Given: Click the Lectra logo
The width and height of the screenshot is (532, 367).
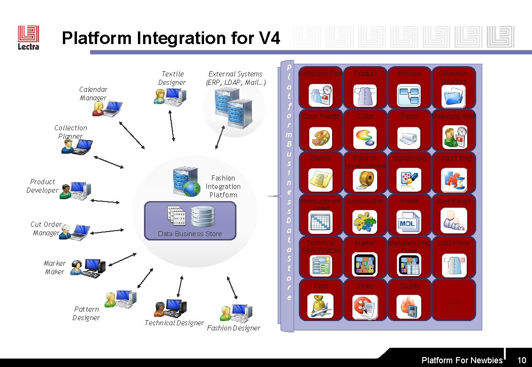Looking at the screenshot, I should (28, 37).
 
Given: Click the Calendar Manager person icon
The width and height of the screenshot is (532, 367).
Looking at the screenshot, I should (107, 109).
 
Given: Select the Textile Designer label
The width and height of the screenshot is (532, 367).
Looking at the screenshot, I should (172, 78).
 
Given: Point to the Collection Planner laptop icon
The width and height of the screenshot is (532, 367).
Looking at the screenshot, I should (76, 147).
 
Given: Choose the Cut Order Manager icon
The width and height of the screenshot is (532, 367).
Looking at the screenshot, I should (75, 232).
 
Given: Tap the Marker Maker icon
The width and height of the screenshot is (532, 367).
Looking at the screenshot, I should (88, 268).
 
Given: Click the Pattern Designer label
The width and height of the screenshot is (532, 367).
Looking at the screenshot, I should (86, 313).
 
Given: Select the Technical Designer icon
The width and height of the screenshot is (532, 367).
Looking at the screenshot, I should (170, 308).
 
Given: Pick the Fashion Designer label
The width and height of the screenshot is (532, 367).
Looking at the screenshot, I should (233, 328).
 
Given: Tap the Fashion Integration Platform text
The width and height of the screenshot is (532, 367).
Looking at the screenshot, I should (223, 187).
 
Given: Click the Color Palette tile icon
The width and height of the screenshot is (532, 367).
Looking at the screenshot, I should (321, 137).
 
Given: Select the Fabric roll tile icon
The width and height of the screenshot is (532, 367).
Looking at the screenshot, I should (409, 137).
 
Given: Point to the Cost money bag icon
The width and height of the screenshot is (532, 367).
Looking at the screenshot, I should (321, 307).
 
